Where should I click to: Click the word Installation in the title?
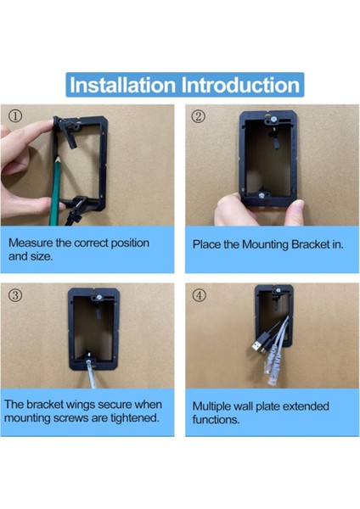click(123, 85)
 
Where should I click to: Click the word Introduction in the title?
click(240, 85)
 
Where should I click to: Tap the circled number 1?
click(15, 116)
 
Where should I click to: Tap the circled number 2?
click(199, 116)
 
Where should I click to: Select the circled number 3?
click(15, 295)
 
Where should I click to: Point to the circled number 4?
click(199, 295)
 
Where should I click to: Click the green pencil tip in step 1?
click(58, 159)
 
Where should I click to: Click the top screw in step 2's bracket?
click(273, 120)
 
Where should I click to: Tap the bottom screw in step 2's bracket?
click(262, 195)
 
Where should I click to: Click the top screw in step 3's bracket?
click(98, 297)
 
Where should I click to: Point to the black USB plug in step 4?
click(257, 345)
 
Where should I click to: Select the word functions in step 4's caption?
click(216, 420)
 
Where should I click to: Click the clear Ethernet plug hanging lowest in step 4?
click(272, 377)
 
